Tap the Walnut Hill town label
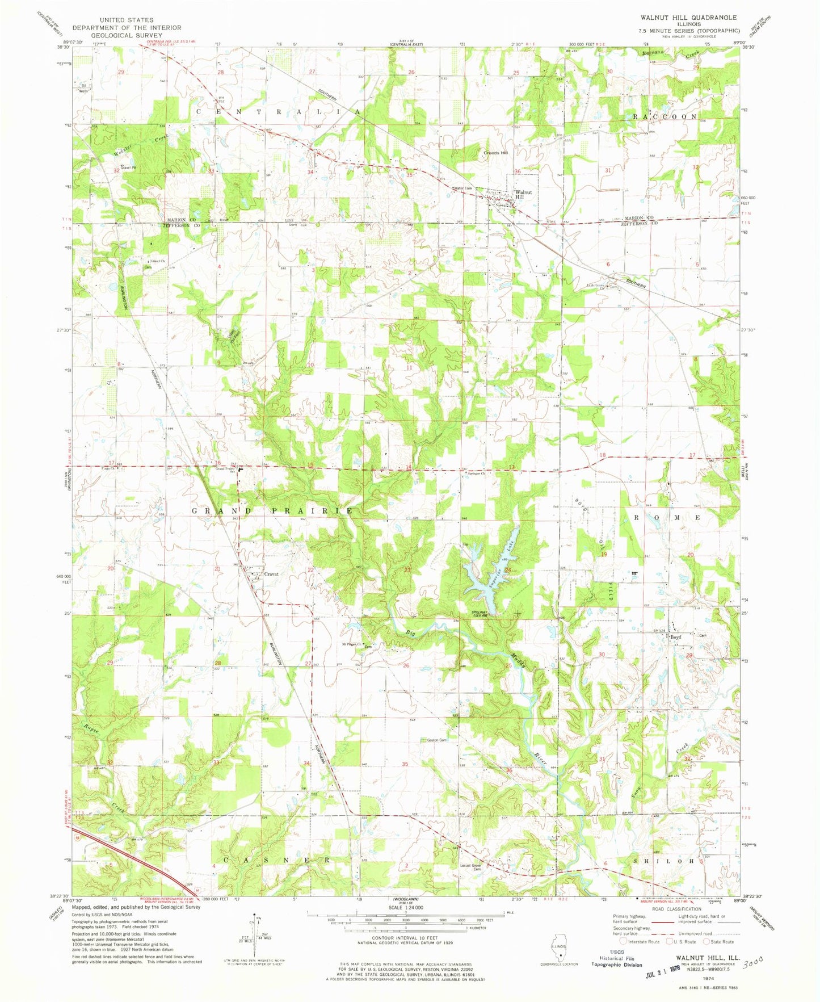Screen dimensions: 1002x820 point(523,195)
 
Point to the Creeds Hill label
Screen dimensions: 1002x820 point(495,153)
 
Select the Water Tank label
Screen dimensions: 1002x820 point(462,188)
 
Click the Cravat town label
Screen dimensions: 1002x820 point(271,574)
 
